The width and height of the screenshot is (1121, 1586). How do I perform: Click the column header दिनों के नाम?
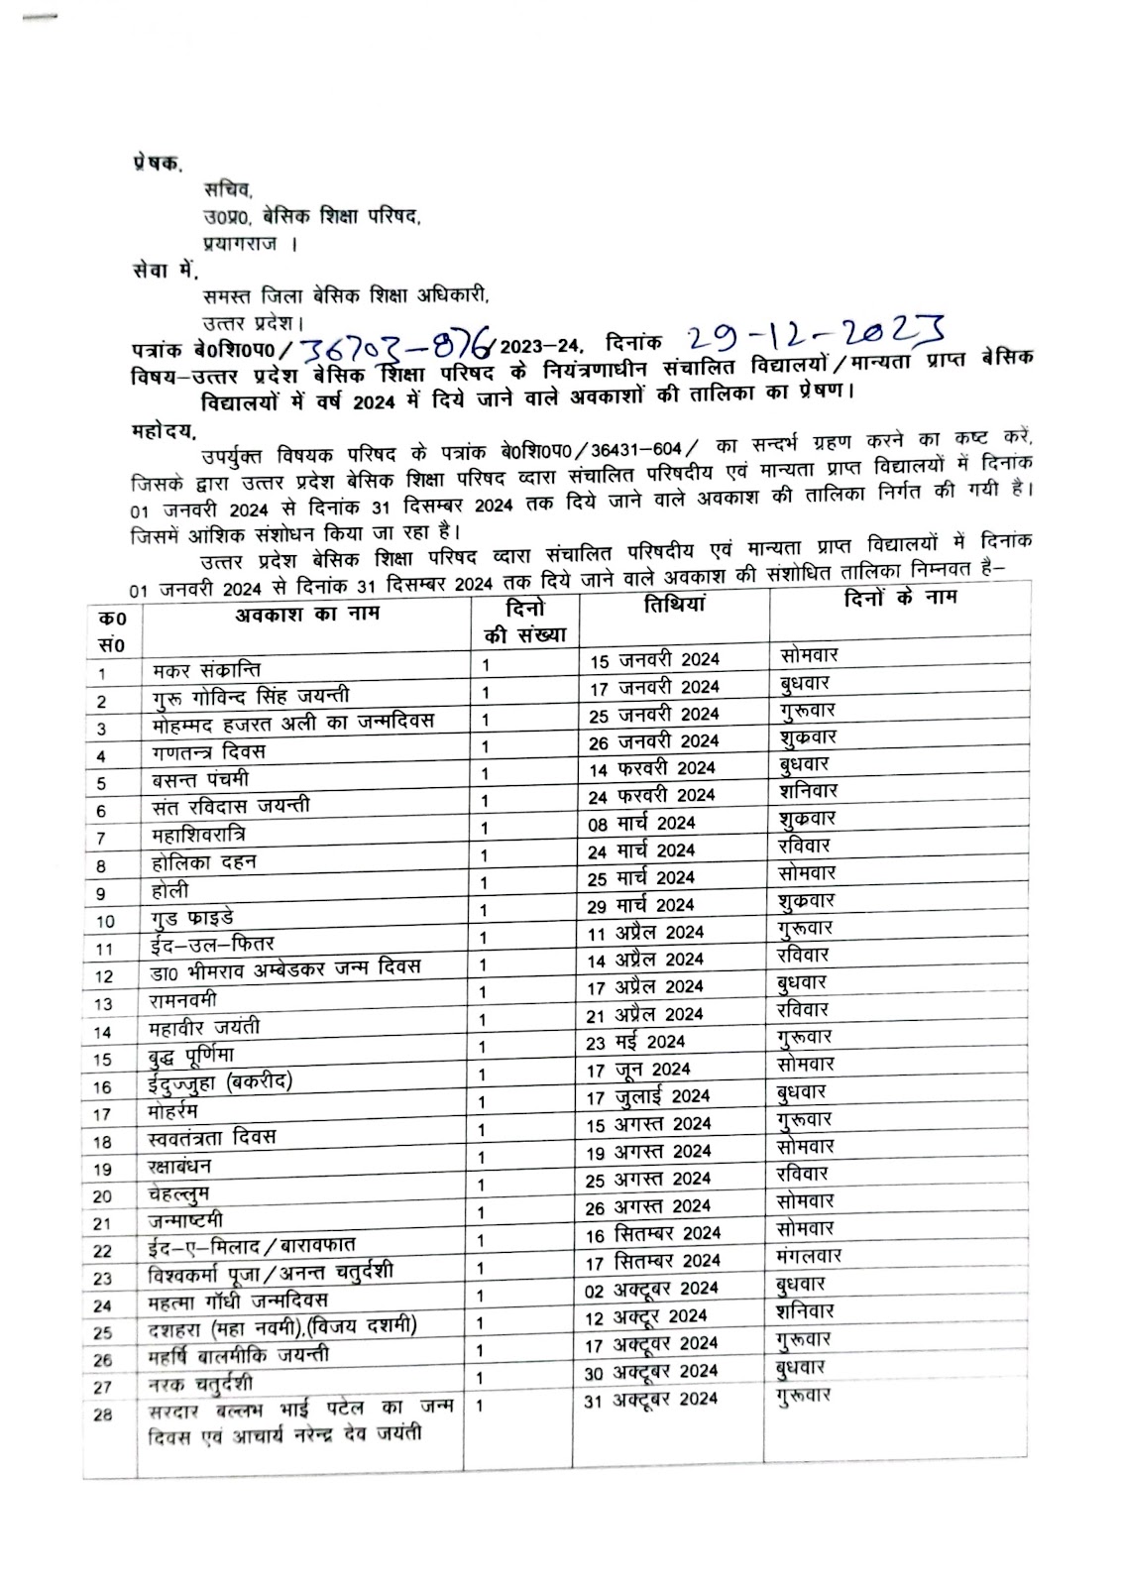pyautogui.click(x=900, y=599)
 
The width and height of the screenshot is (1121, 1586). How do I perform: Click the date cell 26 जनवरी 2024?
pyautogui.click(x=654, y=740)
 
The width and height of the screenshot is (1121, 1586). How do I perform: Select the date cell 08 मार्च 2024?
pyautogui.click(x=642, y=823)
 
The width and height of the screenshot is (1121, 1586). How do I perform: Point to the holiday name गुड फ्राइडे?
pyautogui.click(x=187, y=918)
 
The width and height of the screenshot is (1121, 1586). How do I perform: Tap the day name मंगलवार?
pyautogui.click(x=810, y=1256)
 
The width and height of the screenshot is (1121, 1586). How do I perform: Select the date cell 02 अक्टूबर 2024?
pyautogui.click(x=653, y=1289)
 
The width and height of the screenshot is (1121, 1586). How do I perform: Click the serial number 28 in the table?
pyautogui.click(x=103, y=1416)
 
